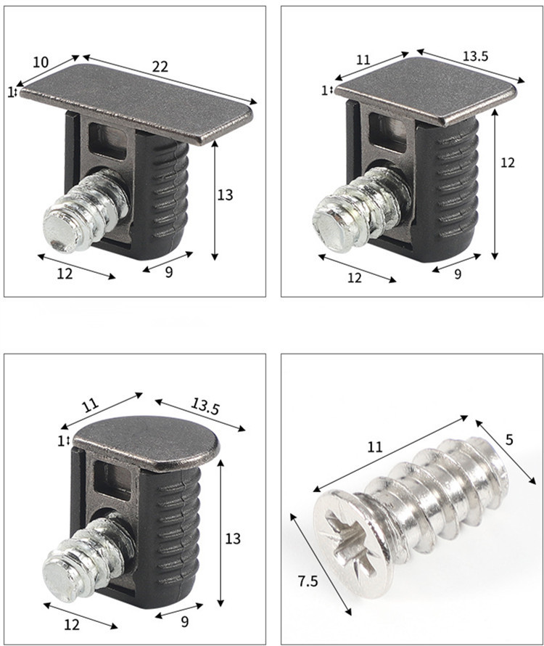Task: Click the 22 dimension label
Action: coord(160,66)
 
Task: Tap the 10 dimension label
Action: coord(41,62)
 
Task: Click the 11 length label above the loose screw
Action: coord(374,448)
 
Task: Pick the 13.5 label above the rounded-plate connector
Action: coord(205,408)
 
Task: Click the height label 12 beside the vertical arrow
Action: coord(508,163)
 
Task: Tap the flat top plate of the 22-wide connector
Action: coord(138,102)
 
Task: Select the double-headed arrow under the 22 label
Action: coord(170,80)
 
